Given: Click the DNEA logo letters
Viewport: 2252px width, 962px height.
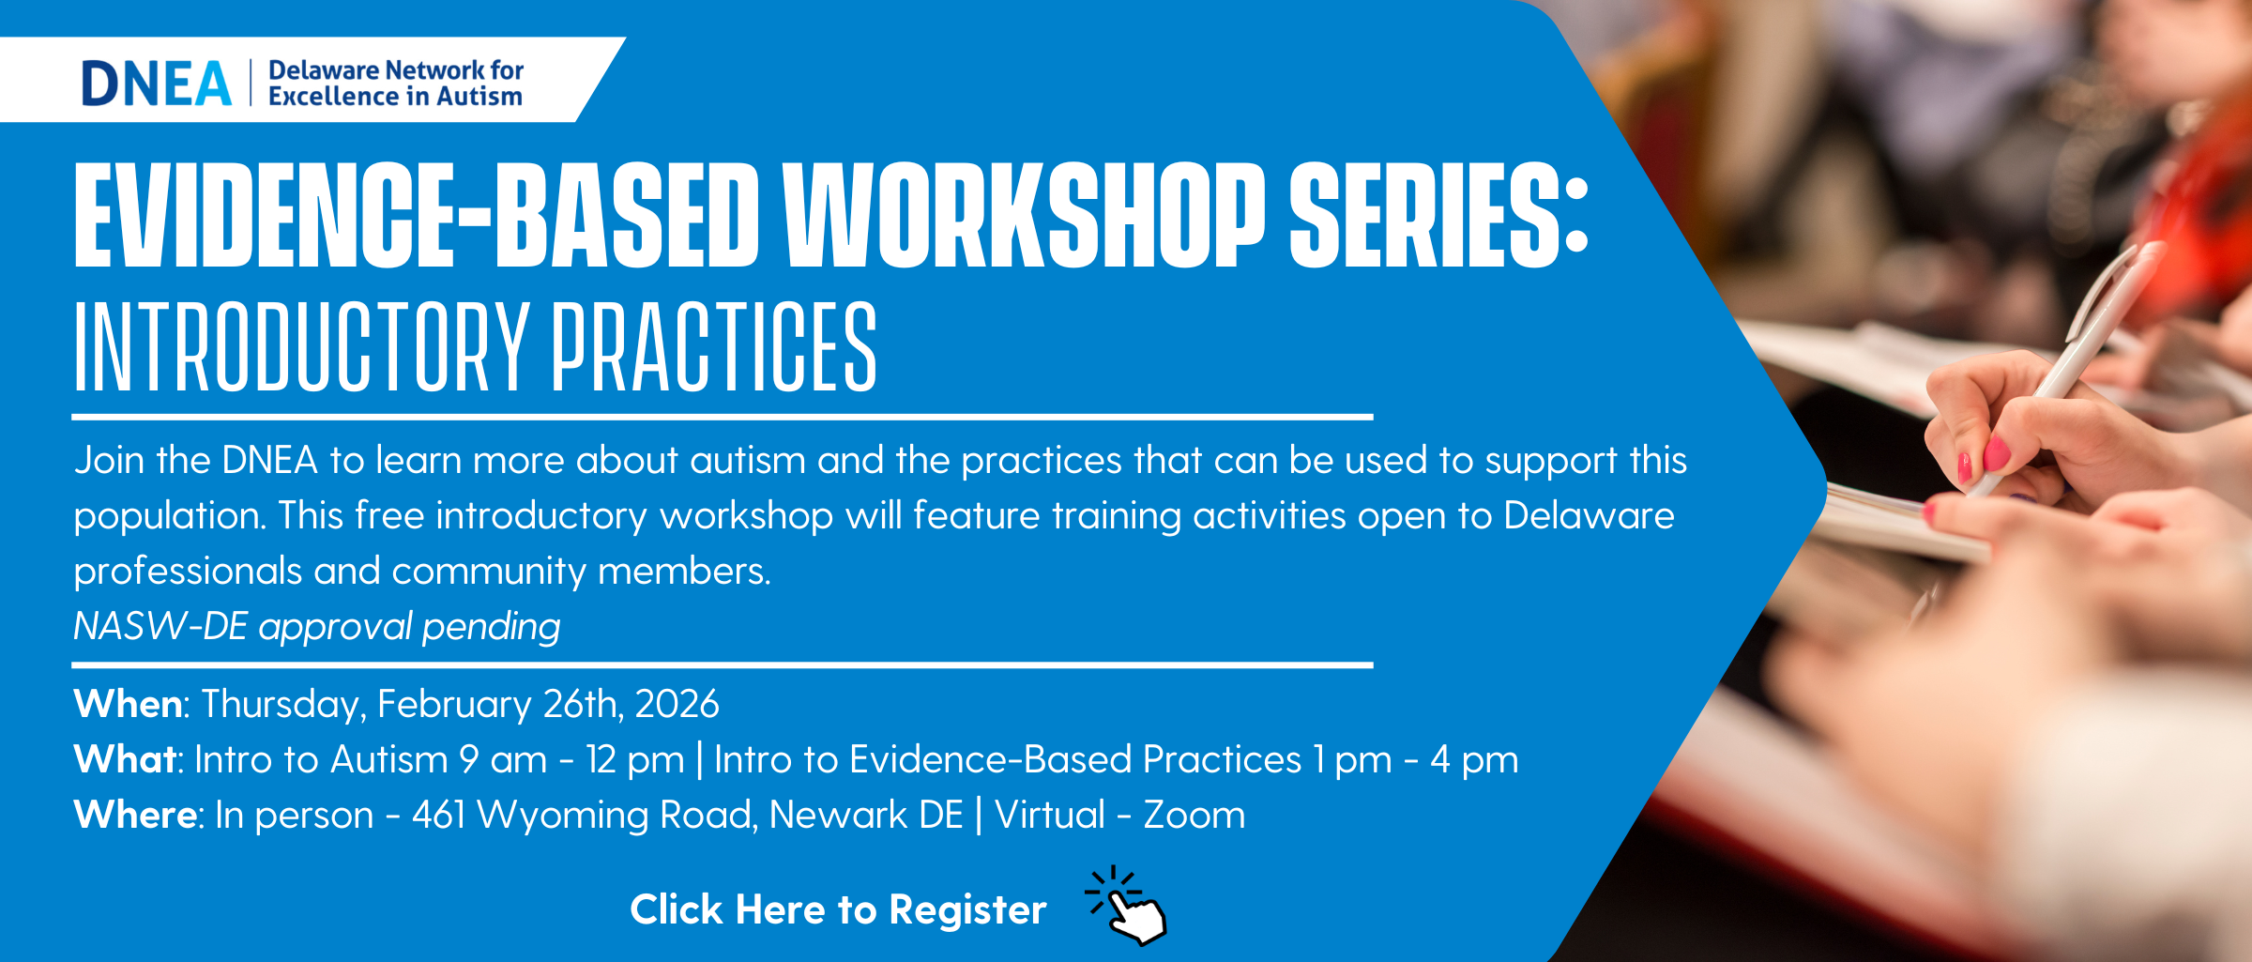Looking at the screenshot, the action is point(157,83).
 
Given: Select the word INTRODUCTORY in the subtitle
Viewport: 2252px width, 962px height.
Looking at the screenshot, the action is point(302,346).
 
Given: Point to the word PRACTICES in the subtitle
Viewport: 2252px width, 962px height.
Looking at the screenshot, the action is point(714,346).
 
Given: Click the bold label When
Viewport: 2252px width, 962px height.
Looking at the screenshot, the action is point(129,703).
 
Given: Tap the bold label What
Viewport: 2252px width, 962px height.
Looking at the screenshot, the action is point(125,758).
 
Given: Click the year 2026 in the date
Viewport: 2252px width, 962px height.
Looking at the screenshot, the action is point(677,704).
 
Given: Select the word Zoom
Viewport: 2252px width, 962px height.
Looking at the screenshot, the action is point(1194,815).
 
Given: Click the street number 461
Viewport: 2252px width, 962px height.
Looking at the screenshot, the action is point(438,815).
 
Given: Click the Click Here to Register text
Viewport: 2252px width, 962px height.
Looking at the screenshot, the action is point(838,909).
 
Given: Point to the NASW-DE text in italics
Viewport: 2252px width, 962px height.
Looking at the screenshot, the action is point(160,626).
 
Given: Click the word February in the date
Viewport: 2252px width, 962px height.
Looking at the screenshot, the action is point(455,705).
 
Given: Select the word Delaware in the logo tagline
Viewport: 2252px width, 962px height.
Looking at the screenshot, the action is point(324,70).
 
